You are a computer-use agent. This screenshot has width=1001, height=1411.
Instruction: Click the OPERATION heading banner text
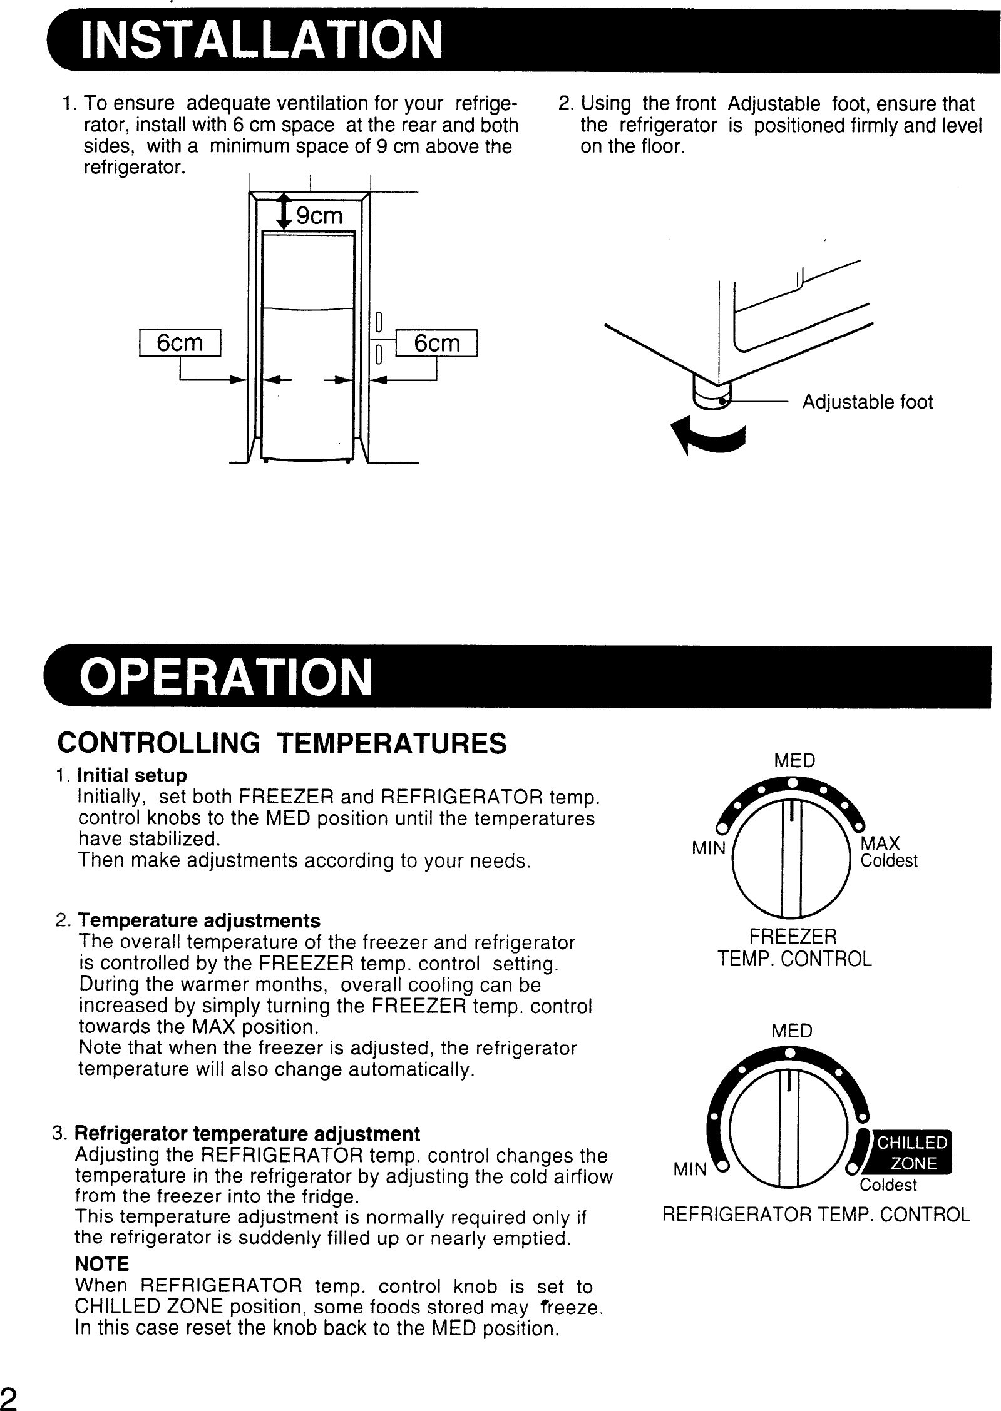225,678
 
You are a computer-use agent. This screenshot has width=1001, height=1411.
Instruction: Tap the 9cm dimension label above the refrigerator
319,216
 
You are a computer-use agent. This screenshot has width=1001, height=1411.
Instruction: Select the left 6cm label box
180,343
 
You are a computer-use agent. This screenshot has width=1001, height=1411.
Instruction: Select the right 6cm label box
437,343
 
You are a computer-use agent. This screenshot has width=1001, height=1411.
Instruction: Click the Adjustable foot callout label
867,402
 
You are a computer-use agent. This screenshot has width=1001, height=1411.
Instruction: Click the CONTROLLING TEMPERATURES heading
282,744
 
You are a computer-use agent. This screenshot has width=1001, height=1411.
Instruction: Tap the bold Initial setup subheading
131,775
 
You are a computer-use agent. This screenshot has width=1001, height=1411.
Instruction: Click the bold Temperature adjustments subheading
199,921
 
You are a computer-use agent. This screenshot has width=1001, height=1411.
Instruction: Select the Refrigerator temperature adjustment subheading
247,1134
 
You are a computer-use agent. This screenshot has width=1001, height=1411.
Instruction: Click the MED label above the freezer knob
794,761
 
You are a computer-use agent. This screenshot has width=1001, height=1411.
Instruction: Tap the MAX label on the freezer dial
880,843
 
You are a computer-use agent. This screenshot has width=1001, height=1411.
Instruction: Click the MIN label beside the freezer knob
708,849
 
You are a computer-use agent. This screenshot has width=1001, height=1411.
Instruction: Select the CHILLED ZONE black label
912,1153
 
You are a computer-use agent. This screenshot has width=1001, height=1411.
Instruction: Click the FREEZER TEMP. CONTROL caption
794,948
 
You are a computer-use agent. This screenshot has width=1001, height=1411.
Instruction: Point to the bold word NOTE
101,1264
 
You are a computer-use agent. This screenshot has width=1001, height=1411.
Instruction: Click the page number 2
9,1398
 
